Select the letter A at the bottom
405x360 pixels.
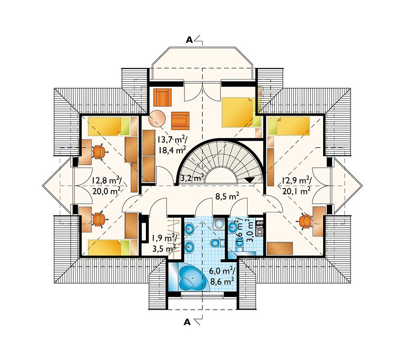tap(187, 322)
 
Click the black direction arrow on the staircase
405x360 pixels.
tap(250, 180)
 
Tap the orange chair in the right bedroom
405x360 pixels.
tap(306, 221)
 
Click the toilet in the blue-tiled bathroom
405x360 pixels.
tap(215, 243)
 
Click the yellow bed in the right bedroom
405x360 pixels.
tap(289, 126)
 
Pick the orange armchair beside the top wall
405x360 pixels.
tap(162, 97)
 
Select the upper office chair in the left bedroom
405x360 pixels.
tap(98, 152)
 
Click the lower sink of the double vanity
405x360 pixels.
tap(189, 246)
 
